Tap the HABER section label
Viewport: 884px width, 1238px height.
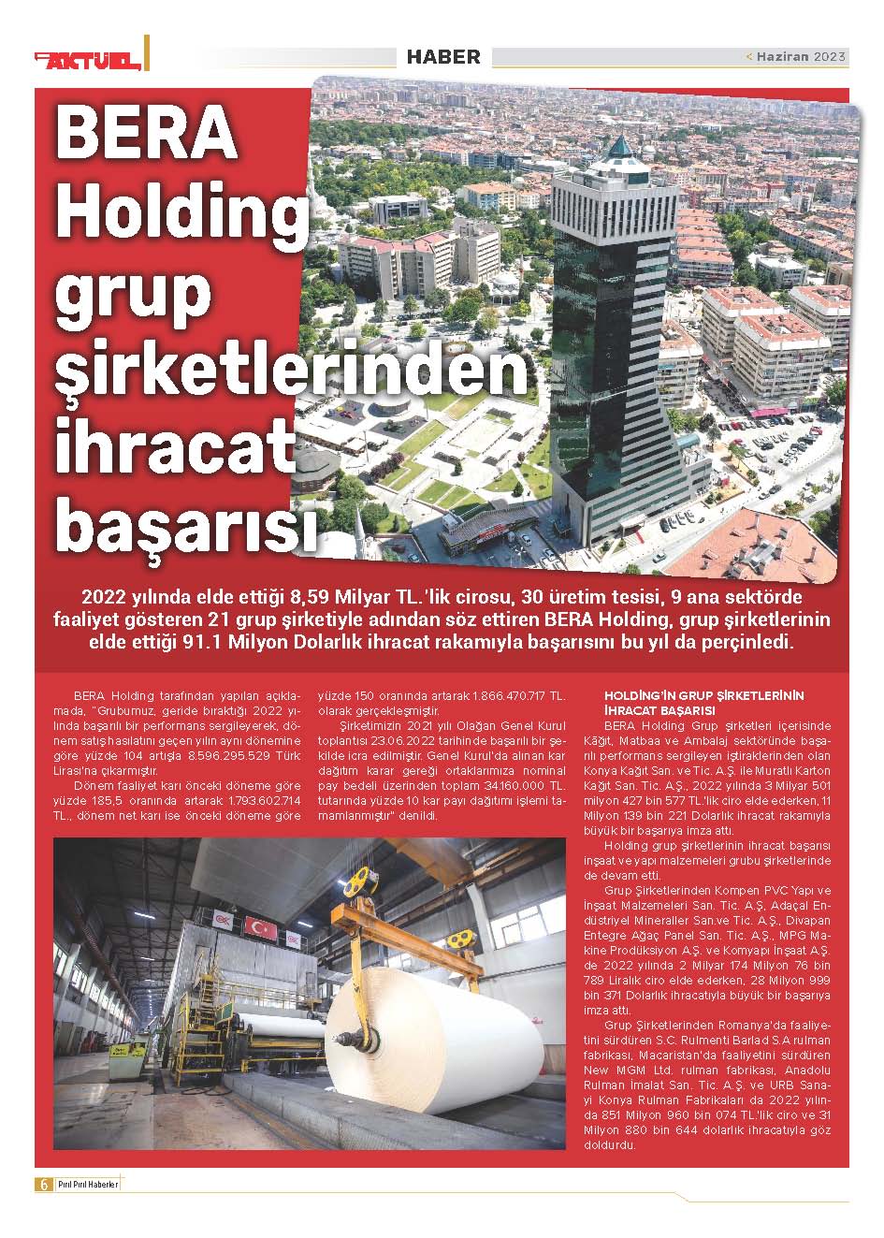(443, 57)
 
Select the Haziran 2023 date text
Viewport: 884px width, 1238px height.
(801, 57)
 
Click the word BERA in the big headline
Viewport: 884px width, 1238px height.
(147, 133)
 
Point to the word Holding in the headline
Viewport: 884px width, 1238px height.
(182, 211)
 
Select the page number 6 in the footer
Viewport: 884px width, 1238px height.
(43, 1184)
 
